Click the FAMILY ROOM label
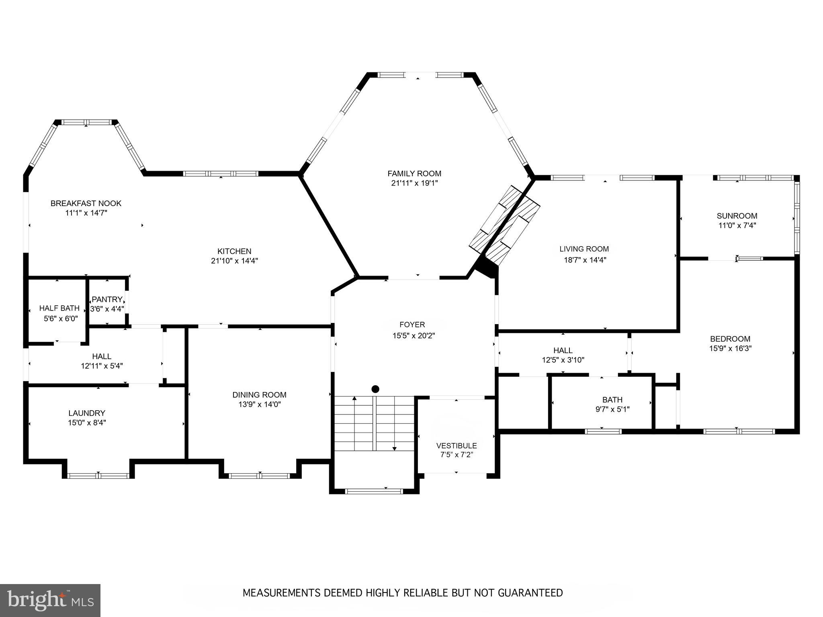pos(414,174)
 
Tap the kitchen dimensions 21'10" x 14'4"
pos(234,261)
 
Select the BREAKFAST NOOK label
pos(86,203)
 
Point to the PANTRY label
pos(107,299)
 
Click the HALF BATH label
pos(59,308)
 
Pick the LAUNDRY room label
pos(87,413)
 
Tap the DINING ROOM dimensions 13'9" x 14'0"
pos(259,405)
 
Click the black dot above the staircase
pos(375,389)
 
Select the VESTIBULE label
pos(457,445)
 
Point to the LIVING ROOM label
pos(584,249)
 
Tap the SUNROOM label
pos(737,216)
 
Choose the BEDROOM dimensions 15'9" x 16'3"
pos(730,349)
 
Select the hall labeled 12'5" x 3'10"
pos(563,355)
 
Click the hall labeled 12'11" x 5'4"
pos(102,361)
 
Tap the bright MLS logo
pos(50,600)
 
